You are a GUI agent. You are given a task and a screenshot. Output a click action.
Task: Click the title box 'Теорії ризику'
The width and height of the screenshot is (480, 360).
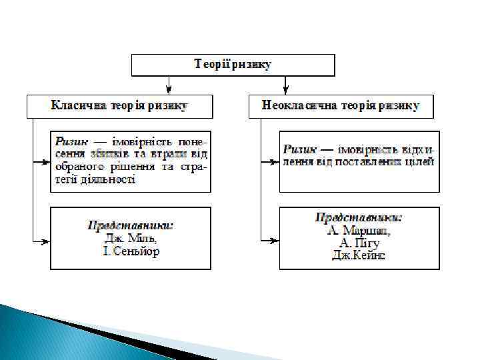click(233, 65)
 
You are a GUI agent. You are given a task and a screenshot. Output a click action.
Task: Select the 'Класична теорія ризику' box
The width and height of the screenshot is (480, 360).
click(120, 106)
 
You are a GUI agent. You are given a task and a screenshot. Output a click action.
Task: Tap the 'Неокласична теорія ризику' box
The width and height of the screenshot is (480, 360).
click(341, 106)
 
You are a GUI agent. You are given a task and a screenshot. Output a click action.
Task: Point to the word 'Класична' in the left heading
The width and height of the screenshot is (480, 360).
click(77, 106)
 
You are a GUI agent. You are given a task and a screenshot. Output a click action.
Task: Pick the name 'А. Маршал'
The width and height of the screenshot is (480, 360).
click(359, 231)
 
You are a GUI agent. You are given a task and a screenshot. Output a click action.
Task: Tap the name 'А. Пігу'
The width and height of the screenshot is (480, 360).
click(359, 243)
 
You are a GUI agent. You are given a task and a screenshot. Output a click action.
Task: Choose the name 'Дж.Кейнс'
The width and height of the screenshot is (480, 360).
click(359, 256)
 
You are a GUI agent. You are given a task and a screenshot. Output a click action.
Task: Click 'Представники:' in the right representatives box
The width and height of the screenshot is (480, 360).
click(359, 218)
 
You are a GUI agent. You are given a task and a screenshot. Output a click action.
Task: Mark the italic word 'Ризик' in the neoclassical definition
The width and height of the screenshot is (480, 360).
click(300, 149)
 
